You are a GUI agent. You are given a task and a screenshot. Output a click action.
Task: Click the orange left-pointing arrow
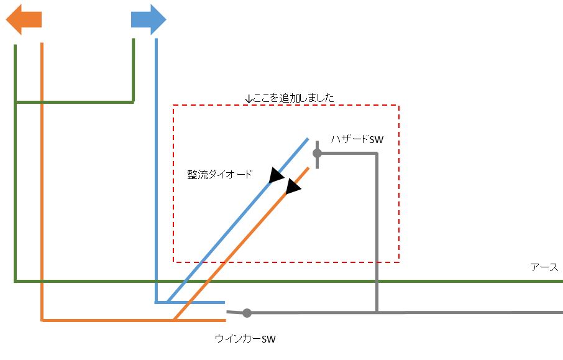(x=23, y=20)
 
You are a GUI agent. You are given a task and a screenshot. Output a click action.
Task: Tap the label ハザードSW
(x=357, y=141)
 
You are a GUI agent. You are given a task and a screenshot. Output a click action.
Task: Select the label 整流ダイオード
(x=220, y=175)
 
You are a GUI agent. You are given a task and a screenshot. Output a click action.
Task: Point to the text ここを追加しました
(x=290, y=98)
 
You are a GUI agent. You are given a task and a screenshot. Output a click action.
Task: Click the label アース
(x=544, y=267)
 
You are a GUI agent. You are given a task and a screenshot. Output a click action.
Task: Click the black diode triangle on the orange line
(x=293, y=186)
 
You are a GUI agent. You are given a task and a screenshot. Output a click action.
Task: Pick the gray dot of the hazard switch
(x=317, y=153)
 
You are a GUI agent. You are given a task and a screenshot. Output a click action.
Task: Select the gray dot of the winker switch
(x=247, y=313)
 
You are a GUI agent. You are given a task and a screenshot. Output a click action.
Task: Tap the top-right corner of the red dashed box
(x=398, y=106)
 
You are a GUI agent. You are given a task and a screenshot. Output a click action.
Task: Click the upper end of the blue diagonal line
(x=308, y=139)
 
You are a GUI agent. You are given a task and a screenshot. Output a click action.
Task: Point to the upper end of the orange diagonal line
(x=308, y=168)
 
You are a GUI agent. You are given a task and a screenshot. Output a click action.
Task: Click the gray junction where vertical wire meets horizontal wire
(x=377, y=312)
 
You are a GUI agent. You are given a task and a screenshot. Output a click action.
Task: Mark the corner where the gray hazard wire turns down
(x=377, y=154)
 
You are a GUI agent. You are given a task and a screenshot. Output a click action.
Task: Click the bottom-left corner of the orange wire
(x=42, y=320)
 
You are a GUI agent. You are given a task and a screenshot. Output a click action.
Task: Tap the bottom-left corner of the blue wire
(x=156, y=302)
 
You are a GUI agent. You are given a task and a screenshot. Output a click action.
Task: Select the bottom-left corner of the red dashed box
(x=173, y=261)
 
